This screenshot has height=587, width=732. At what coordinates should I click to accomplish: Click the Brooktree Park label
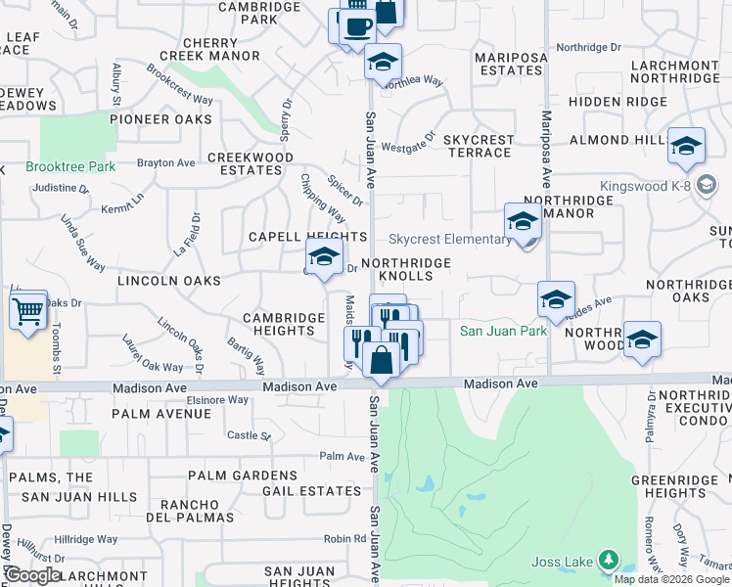tap(70, 167)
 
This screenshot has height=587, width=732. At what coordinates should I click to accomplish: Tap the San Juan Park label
tap(503, 332)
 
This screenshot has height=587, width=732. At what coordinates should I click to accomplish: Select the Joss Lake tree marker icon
tap(610, 560)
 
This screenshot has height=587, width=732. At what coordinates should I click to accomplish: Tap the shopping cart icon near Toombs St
tap(29, 312)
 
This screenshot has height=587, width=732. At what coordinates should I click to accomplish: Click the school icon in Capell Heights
tap(324, 257)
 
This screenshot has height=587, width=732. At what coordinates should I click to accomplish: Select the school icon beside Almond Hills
tap(686, 147)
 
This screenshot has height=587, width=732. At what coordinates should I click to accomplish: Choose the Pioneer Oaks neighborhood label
tap(161, 119)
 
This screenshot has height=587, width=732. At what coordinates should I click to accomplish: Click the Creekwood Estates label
tap(245, 163)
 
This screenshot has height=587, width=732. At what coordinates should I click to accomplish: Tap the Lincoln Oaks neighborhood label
tap(168, 281)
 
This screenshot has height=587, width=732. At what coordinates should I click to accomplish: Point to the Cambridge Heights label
tap(284, 325)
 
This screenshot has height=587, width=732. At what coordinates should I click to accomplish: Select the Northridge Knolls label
tap(406, 270)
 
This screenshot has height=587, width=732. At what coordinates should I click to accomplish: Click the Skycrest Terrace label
tap(479, 147)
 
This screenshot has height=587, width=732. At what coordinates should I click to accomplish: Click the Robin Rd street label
tap(344, 538)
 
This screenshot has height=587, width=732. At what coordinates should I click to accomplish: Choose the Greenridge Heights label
tap(675, 487)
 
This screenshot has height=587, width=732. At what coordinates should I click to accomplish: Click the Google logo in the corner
tap(33, 575)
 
